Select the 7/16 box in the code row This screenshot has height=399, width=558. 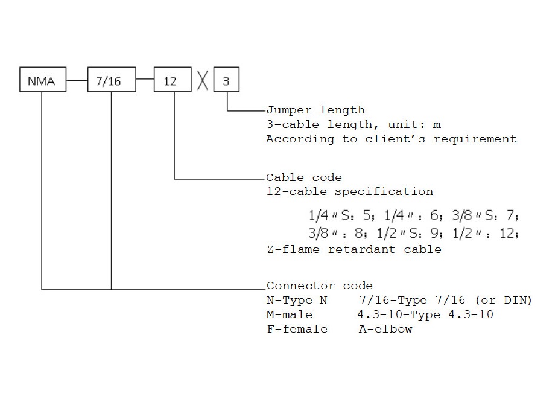click(x=112, y=80)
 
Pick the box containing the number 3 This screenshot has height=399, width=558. click(x=226, y=80)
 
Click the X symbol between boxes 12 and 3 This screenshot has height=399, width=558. click(x=203, y=80)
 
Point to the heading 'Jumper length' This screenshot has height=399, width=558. click(x=315, y=110)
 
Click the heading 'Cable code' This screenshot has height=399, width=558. click(x=304, y=177)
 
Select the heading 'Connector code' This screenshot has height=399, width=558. click(x=319, y=286)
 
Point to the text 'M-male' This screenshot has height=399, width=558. click(x=290, y=314)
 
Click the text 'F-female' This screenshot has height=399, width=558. click(x=297, y=329)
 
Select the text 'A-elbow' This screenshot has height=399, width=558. click(x=385, y=329)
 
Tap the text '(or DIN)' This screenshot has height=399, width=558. click(x=504, y=300)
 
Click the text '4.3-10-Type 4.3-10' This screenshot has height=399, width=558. click(x=425, y=314)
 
